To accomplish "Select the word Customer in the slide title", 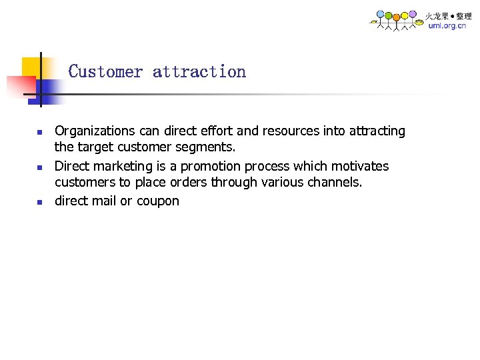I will pyautogui.click(x=105, y=71).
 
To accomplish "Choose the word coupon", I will pyautogui.click(x=158, y=201).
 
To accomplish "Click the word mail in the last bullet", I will pyautogui.click(x=104, y=201).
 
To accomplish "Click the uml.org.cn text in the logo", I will pyautogui.click(x=447, y=26).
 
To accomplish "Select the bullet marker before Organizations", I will pyautogui.click(x=39, y=132).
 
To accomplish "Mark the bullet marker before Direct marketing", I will pyautogui.click(x=39, y=167).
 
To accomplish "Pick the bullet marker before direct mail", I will pyautogui.click(x=39, y=201).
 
